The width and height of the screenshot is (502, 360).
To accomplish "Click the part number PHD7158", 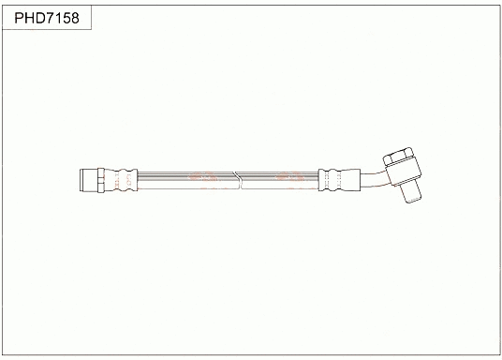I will (46, 19).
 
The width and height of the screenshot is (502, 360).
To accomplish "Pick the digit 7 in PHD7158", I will (49, 19).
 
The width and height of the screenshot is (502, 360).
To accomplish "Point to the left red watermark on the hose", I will (202, 177).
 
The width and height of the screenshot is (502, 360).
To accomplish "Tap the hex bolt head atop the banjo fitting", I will (392, 155).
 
